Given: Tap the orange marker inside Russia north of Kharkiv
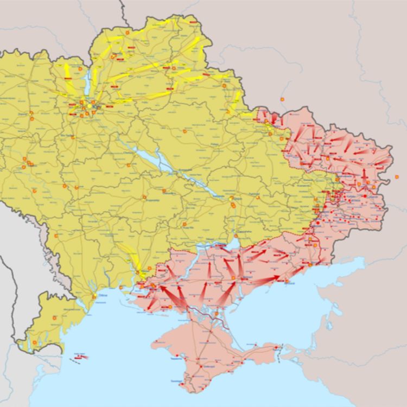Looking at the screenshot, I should coord(282,99).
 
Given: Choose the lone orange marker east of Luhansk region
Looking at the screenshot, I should coord(397,177).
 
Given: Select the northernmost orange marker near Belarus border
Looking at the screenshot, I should coord(128,33).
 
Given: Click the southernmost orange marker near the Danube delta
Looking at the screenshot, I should coord(35,342).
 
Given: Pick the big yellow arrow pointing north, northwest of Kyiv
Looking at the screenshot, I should coord(68,71).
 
